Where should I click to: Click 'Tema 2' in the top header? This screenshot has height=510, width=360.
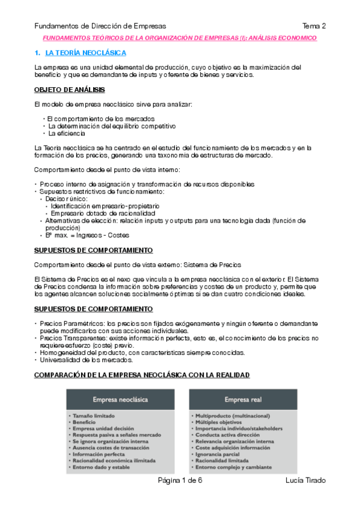[x=314, y=26]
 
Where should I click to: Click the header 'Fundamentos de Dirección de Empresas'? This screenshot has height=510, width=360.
[x=100, y=26]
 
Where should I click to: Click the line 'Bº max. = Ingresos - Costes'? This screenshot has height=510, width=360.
[x=87, y=235]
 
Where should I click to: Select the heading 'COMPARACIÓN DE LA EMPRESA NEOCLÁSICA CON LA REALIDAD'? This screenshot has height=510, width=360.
[x=141, y=375]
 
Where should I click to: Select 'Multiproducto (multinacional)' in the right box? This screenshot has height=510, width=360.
[x=232, y=416]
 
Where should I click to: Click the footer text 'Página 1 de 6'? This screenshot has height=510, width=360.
[x=180, y=480]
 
